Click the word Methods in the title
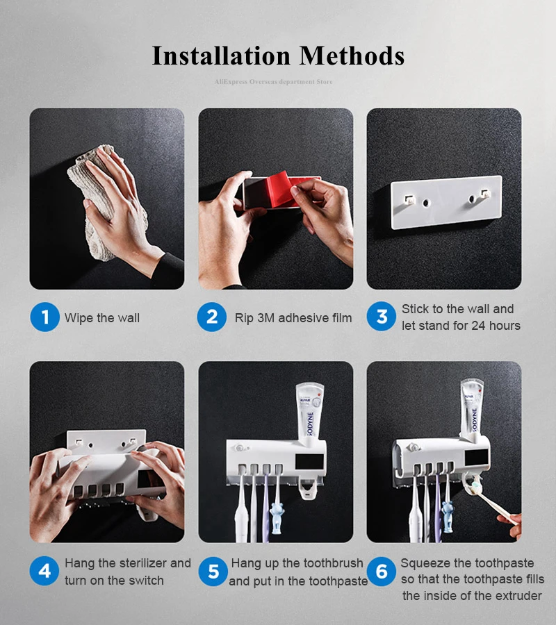352,56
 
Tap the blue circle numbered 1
44,317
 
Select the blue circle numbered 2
212,317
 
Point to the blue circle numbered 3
382,317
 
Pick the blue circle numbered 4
44,571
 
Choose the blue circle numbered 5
213,572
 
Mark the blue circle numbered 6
382,572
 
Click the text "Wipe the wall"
102,318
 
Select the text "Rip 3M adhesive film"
293,318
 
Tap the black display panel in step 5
309,462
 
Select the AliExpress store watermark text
273,82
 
